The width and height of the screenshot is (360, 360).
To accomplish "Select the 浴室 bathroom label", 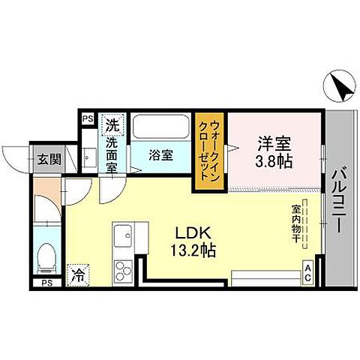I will point(160,155).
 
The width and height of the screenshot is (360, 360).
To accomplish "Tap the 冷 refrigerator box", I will point(77,275).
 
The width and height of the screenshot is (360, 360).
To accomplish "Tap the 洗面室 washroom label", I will point(112,154).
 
